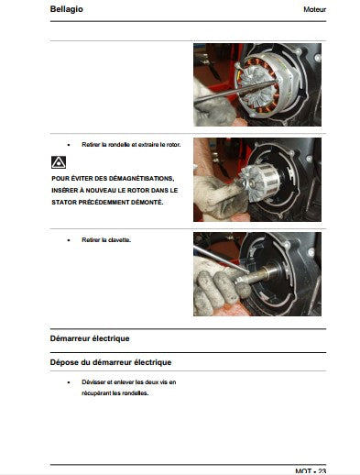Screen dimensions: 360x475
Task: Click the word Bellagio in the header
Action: [66, 9]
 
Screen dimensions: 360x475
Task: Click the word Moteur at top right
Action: [314, 9]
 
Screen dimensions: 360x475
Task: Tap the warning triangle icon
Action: [59, 162]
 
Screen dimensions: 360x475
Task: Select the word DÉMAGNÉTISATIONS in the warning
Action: [141, 178]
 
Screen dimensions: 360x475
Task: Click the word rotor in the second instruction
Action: [174, 145]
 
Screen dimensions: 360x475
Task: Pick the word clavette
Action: [119, 240]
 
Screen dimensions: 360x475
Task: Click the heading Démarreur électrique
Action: [90, 338]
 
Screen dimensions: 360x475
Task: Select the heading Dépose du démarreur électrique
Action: [111, 362]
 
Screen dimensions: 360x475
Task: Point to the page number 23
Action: [322, 471]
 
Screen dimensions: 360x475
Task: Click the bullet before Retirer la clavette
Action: [69, 240]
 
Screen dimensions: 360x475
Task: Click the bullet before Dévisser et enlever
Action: [69, 382]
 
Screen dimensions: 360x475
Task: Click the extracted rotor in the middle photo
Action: [259, 182]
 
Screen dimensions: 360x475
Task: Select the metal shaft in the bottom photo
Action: [258, 274]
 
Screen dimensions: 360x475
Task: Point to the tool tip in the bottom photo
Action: [248, 271]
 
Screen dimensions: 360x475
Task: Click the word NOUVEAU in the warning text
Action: [99, 191]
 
